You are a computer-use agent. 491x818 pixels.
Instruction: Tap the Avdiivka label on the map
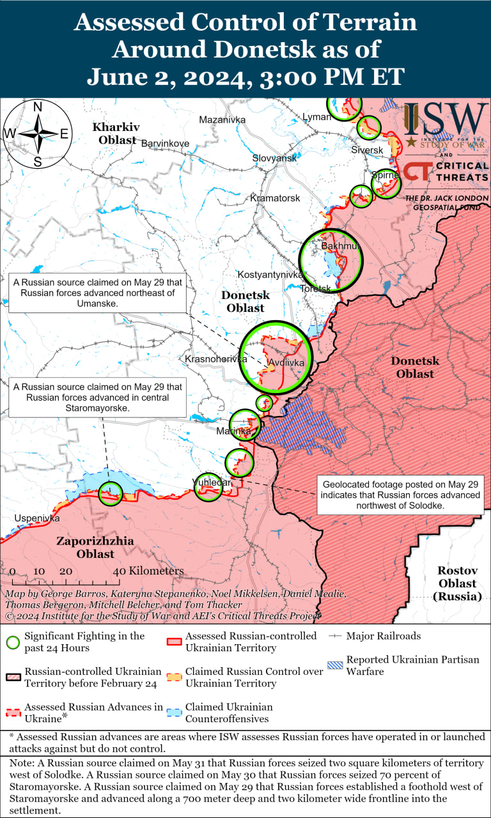(x=286, y=362)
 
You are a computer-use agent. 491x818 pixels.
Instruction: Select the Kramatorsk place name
(x=275, y=198)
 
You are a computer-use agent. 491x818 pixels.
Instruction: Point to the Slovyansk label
(x=274, y=158)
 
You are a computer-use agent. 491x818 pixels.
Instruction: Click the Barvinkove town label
(x=165, y=143)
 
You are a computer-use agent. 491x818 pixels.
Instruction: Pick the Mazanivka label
(x=222, y=120)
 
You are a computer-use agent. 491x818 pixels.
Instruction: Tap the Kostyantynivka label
(x=270, y=274)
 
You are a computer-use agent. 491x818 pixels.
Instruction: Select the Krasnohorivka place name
(x=215, y=359)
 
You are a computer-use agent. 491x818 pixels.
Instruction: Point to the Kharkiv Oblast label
(x=114, y=133)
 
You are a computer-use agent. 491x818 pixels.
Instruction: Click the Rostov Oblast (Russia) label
(x=457, y=583)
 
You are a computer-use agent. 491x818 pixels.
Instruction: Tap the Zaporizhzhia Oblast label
(x=95, y=547)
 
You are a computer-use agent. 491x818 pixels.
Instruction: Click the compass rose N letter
(x=38, y=107)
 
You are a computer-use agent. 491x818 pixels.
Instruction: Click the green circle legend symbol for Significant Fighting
(x=13, y=642)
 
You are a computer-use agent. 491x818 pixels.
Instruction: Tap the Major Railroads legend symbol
(x=335, y=636)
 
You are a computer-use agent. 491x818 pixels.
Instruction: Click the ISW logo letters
(x=446, y=119)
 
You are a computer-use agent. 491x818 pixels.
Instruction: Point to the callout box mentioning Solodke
(x=400, y=495)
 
